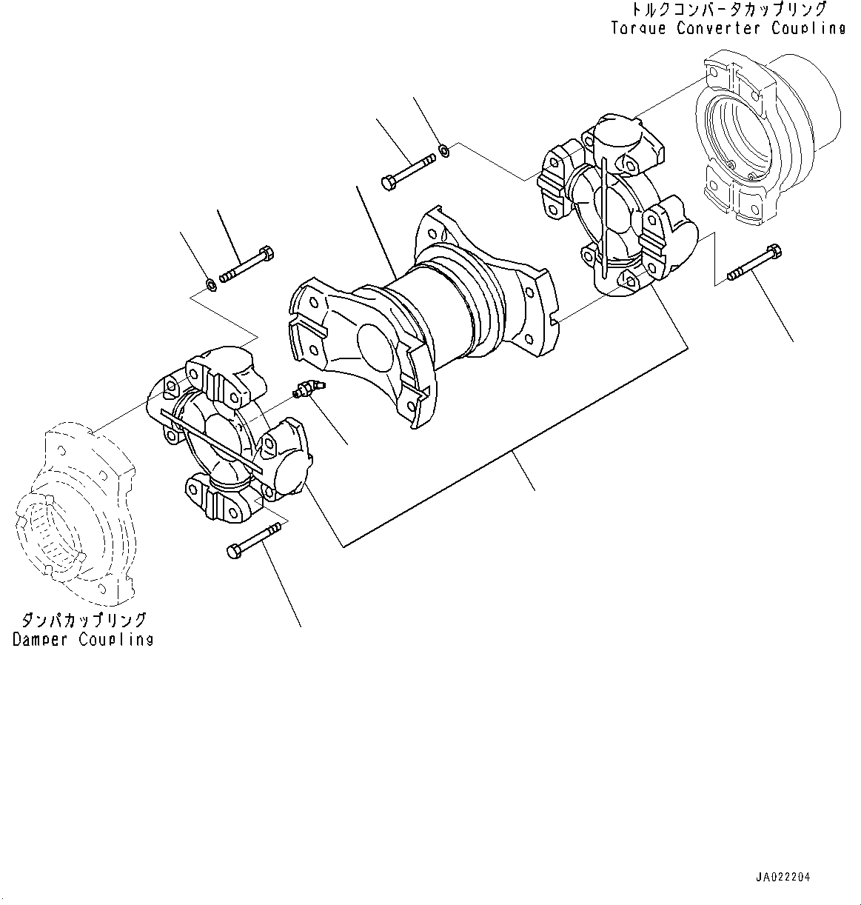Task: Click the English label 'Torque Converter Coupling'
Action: (728, 29)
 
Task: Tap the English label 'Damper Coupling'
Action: (83, 640)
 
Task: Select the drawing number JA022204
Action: (783, 877)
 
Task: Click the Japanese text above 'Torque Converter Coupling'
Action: (728, 10)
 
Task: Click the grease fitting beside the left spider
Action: (307, 388)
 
